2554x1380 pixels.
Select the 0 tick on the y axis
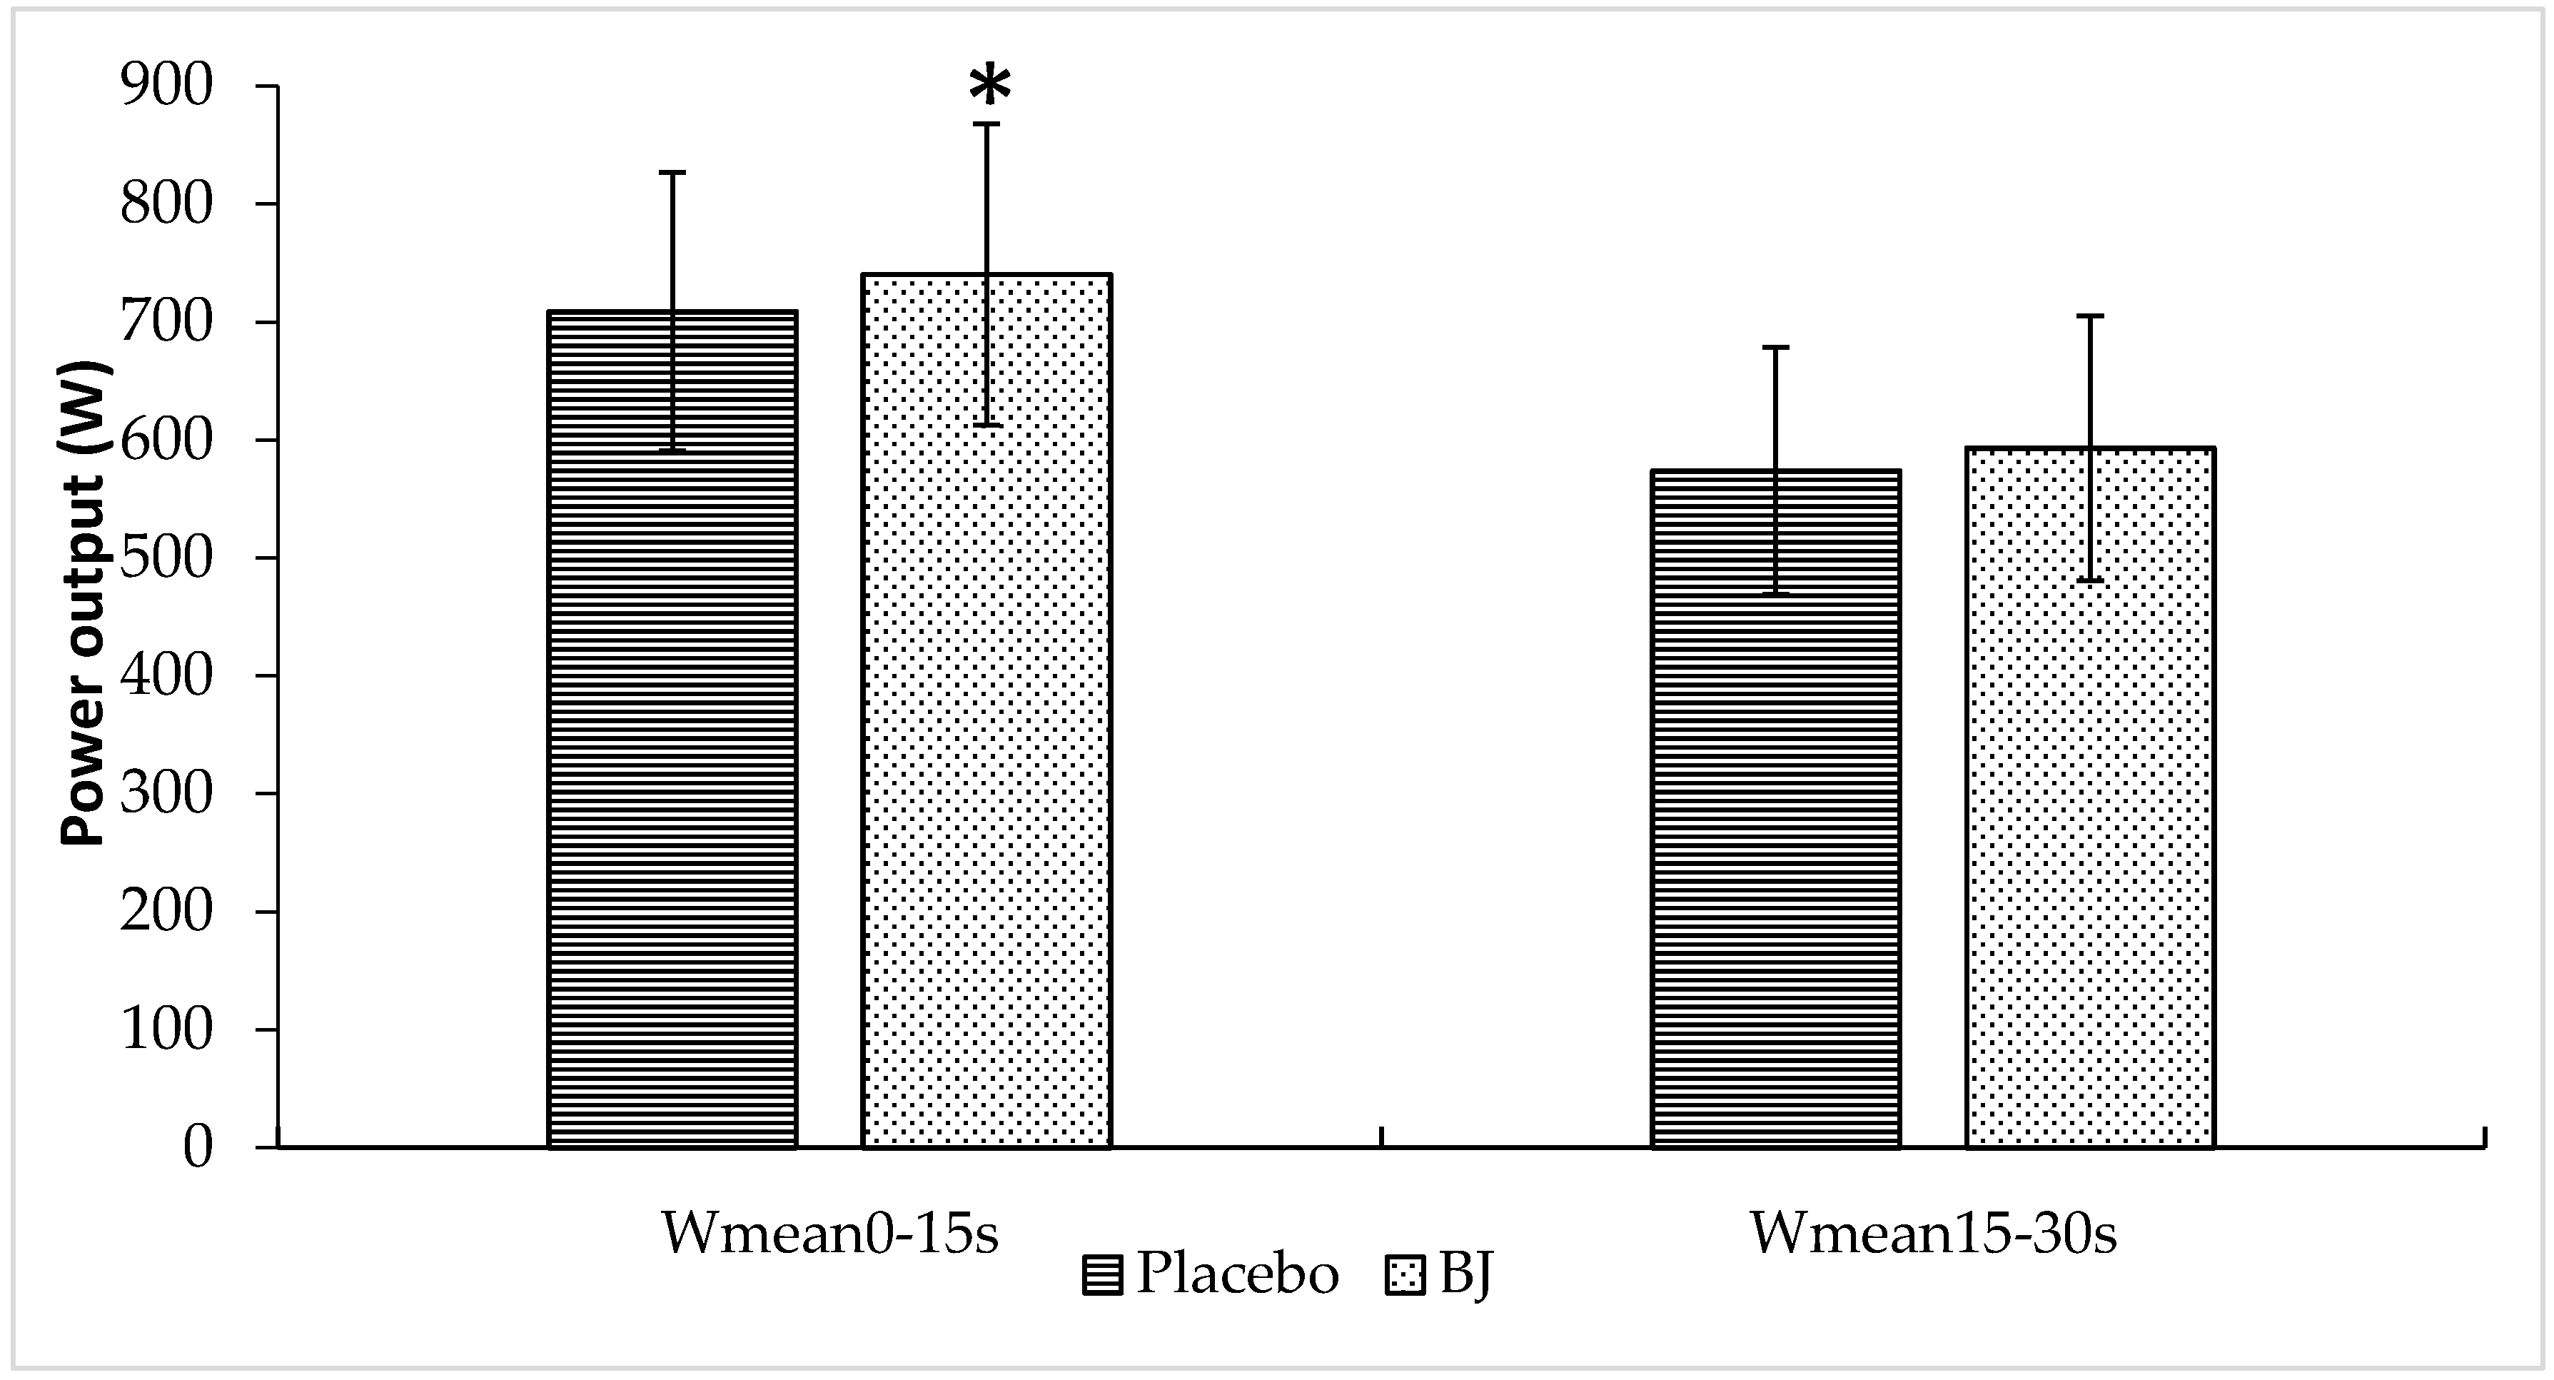tap(197, 1147)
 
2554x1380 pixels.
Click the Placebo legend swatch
tap(1103, 1276)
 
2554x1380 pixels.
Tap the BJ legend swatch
tap(1405, 1276)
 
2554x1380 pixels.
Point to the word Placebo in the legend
tap(1237, 1273)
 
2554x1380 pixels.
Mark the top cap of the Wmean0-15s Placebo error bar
tap(672, 173)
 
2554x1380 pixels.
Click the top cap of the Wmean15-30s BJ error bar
tap(2090, 316)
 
